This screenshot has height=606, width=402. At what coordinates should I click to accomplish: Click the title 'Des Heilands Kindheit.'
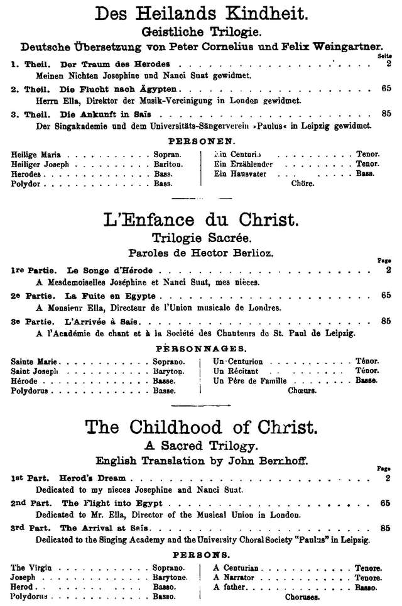(201, 14)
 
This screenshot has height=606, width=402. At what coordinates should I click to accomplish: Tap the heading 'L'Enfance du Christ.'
(201, 221)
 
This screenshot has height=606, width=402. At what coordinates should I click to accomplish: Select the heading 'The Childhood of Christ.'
(201, 428)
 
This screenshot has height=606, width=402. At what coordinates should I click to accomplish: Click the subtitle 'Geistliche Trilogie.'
(201, 33)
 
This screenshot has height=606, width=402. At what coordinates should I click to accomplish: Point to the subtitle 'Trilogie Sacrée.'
(201, 238)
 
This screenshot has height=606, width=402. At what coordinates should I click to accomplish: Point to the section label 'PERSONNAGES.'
(201, 348)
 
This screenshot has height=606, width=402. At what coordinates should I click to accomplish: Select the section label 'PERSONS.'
(201, 555)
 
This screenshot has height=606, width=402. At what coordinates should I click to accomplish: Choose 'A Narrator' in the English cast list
(235, 576)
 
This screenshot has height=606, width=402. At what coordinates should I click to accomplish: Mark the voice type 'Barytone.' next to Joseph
(170, 576)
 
